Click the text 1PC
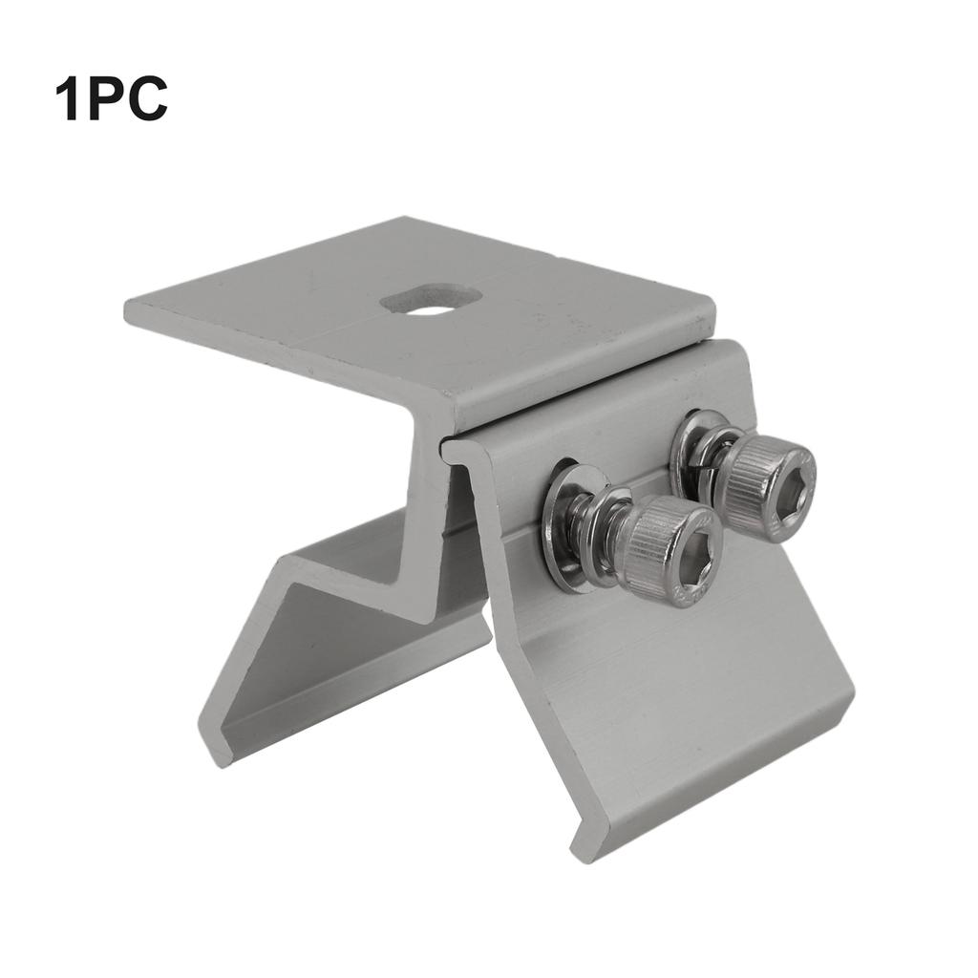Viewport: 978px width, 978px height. tap(111, 98)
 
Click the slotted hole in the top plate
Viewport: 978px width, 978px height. tap(430, 299)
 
